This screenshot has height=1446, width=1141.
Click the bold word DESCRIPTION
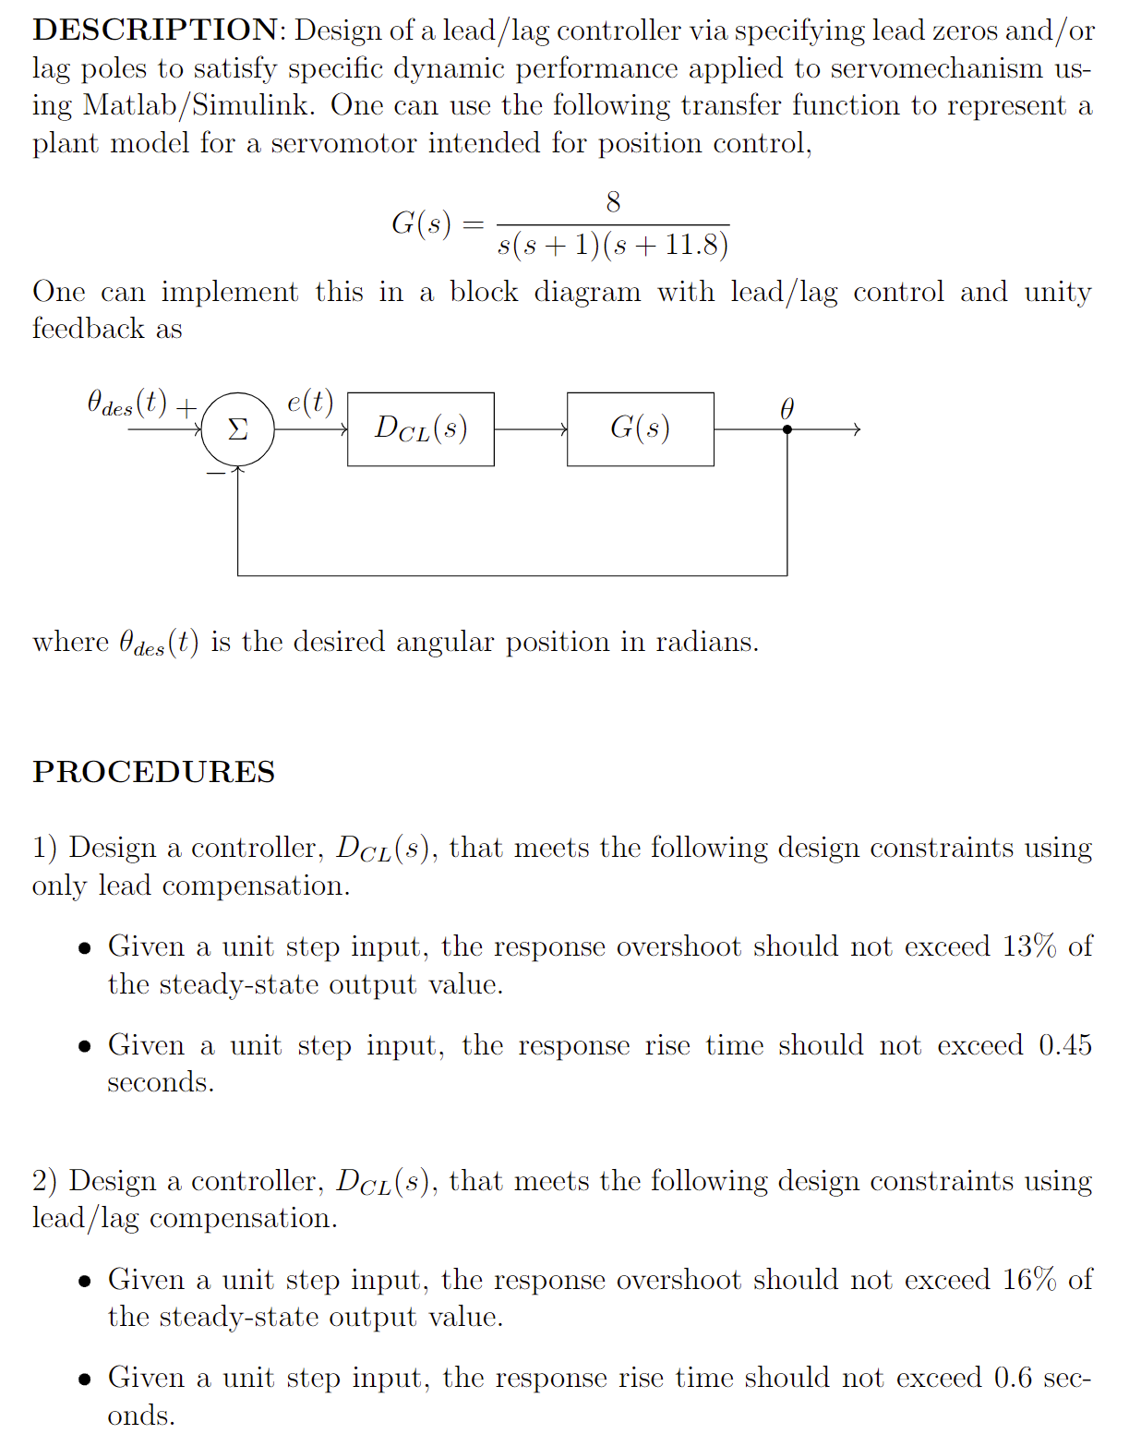tap(154, 30)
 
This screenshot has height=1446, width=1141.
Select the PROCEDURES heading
tap(153, 772)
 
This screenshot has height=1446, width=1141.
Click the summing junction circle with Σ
tap(238, 429)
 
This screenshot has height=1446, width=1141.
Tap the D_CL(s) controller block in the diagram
tap(421, 429)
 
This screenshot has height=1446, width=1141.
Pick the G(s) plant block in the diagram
tap(640, 429)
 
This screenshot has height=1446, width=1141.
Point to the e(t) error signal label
tap(310, 402)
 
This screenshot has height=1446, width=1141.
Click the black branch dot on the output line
tap(787, 429)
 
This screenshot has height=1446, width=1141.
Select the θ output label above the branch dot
tap(787, 408)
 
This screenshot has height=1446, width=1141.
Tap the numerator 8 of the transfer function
tap(613, 202)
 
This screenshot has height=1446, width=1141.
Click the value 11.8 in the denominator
tap(691, 245)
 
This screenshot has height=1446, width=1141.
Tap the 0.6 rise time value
tap(1013, 1378)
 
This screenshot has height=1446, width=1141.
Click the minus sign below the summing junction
tap(215, 473)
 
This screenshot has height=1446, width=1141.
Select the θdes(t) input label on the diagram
tap(127, 404)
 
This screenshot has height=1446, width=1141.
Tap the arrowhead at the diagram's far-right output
tap(857, 429)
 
